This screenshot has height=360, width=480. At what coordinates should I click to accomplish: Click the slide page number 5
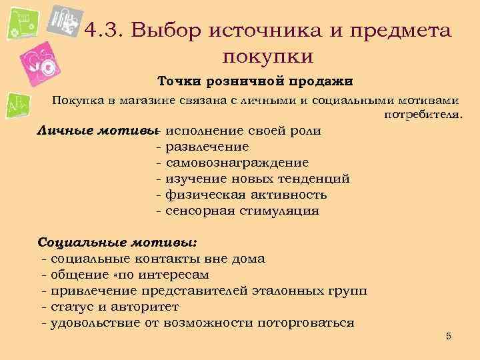point(449,336)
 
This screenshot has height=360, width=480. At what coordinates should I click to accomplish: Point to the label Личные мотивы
point(98,130)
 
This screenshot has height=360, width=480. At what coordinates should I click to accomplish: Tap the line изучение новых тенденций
point(257,179)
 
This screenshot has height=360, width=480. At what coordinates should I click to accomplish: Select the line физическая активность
point(245,195)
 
